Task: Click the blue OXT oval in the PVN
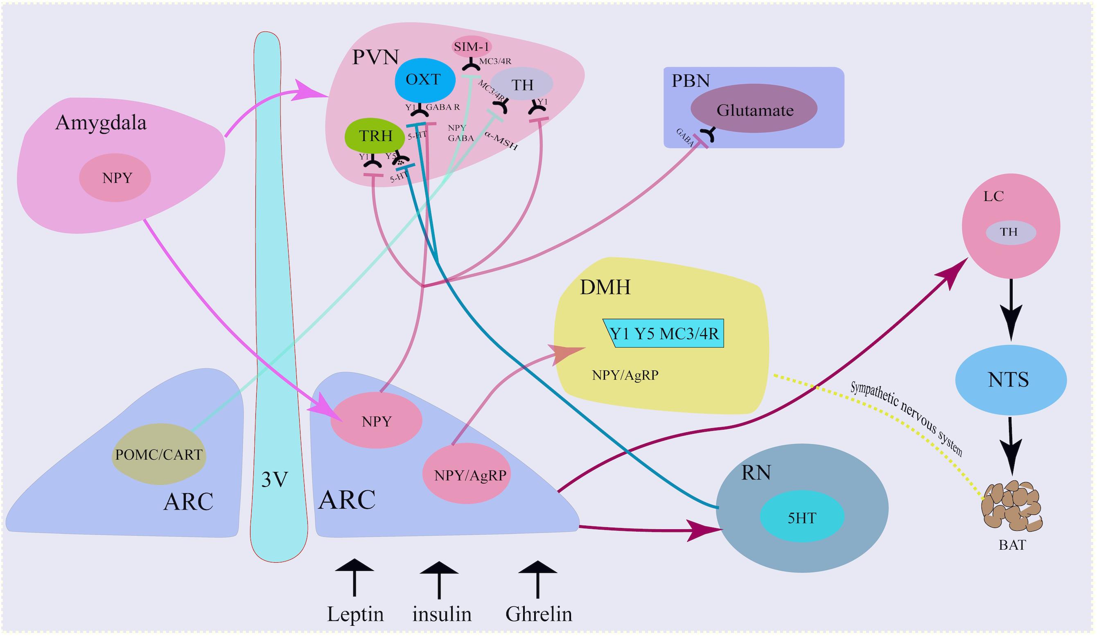424,80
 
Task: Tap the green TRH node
375,136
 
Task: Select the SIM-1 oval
472,47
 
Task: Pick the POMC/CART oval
159,454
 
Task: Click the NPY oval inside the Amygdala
115,178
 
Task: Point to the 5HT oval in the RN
802,517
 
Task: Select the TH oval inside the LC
1010,232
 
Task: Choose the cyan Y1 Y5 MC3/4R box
664,334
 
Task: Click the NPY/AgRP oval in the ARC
467,474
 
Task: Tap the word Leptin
355,614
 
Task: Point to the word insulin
442,614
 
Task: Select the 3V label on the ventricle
275,479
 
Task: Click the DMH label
605,287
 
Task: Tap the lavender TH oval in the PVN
522,84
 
